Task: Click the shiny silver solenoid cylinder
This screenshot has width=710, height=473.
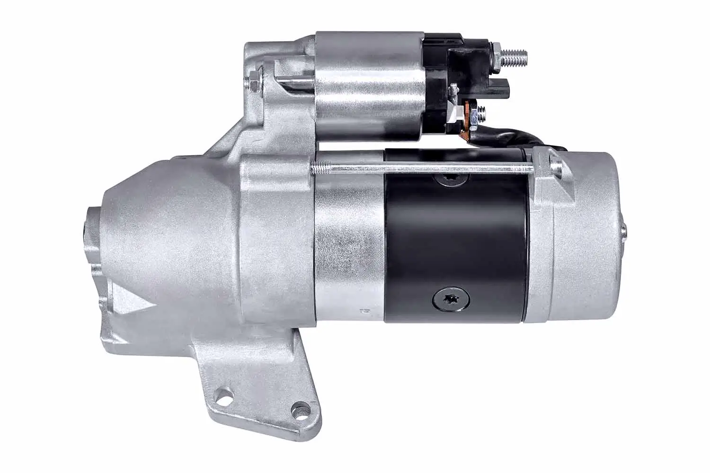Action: [x=367, y=85]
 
